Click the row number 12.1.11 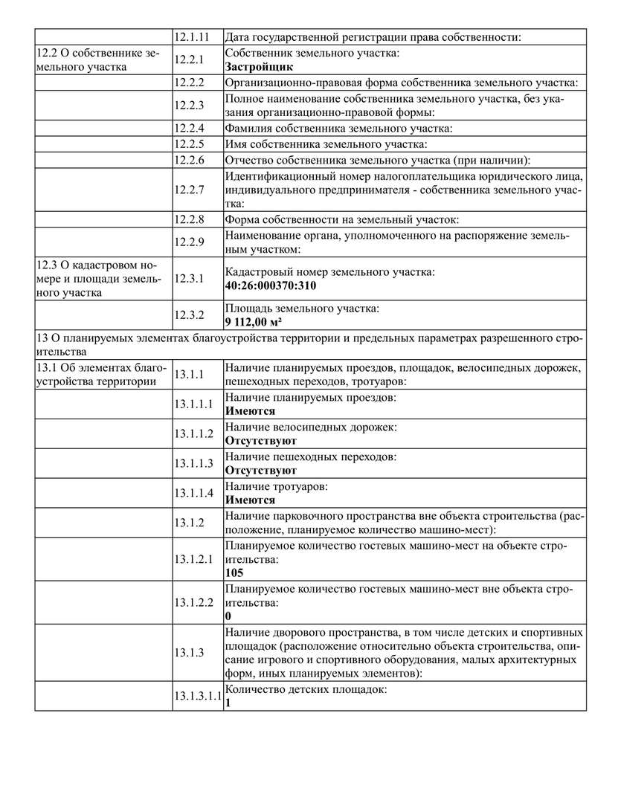191,36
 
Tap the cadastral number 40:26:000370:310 271,285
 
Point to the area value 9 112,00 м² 253,321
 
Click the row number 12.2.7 189,189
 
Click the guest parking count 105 234,573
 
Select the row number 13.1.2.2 194,602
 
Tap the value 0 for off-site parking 228,616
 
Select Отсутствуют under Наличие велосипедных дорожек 261,441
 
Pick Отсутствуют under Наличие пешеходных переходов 261,471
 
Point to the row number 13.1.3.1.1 198,696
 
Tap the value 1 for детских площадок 228,703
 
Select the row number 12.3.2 189,315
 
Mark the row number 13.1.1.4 194,493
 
